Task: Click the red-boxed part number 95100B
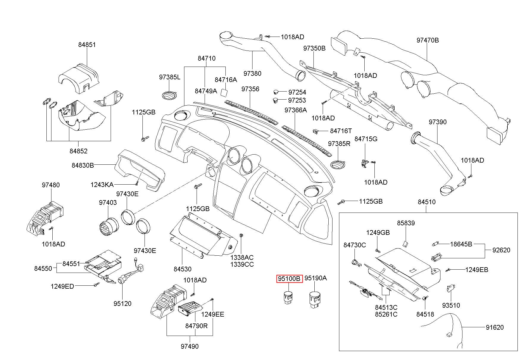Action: pyautogui.click(x=289, y=279)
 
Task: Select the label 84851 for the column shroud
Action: pyautogui.click(x=87, y=45)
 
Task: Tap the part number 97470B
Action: pyautogui.click(x=427, y=40)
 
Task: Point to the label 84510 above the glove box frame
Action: pyautogui.click(x=426, y=202)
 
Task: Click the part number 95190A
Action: pyautogui.click(x=316, y=278)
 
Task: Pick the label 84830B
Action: pyautogui.click(x=83, y=165)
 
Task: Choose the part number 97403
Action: pyautogui.click(x=108, y=203)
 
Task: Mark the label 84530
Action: pyautogui.click(x=183, y=269)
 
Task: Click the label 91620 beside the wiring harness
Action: pyautogui.click(x=495, y=328)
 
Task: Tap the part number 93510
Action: pyautogui.click(x=451, y=305)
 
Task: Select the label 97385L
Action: pyautogui.click(x=170, y=77)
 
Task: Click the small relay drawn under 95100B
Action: pyautogui.click(x=288, y=298)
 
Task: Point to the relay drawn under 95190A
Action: pyautogui.click(x=315, y=300)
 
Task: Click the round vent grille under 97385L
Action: pyautogui.click(x=170, y=95)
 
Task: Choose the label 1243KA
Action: pyautogui.click(x=102, y=185)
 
